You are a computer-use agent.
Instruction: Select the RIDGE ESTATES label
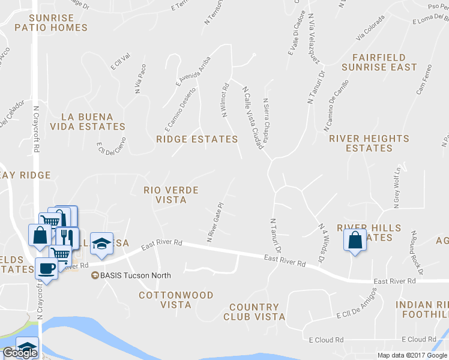tap(197, 139)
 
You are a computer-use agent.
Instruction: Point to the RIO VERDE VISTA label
tap(171, 194)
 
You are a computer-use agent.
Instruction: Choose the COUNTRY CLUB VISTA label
tap(254, 311)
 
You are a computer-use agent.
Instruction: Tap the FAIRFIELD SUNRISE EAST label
tap(379, 62)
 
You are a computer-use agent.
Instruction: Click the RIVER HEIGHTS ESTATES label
tap(369, 143)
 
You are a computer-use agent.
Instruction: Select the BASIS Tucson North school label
tap(135, 275)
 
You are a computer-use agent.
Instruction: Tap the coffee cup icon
tap(46, 268)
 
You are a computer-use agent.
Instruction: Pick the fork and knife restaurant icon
tap(68, 237)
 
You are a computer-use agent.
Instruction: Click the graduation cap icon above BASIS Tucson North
tap(101, 244)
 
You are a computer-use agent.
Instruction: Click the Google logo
tap(20, 353)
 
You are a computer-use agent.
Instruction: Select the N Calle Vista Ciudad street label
tap(253, 117)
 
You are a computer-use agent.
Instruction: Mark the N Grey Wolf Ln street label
tap(397, 188)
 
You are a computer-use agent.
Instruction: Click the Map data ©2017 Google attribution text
tap(412, 355)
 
